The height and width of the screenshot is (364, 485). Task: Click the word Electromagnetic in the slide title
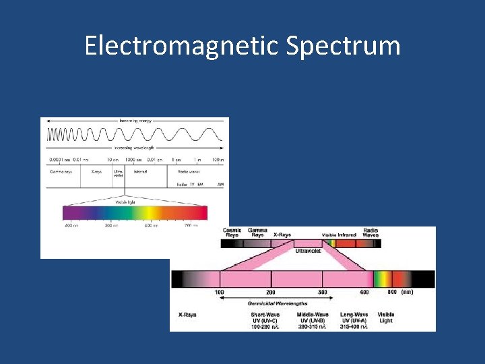182,46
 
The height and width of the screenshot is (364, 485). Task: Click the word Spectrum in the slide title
343,46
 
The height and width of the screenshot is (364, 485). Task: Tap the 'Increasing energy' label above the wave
135,121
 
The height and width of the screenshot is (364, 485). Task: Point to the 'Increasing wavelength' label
135,147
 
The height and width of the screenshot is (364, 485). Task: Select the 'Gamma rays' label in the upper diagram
60,171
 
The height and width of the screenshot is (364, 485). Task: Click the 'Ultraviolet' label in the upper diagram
119,173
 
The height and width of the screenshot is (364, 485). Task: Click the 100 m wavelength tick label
217,160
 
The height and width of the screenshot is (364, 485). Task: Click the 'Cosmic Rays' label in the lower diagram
232,233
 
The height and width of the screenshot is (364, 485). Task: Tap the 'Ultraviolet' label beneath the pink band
309,250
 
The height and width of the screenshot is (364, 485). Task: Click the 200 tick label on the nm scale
270,293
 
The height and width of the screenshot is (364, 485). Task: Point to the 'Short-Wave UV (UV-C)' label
265,320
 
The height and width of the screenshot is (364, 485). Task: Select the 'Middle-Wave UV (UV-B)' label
313,320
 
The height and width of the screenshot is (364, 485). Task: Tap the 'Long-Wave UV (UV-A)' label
355,320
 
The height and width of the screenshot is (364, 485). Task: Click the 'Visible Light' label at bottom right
386,317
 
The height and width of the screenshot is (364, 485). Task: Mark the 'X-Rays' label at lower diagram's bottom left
187,315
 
